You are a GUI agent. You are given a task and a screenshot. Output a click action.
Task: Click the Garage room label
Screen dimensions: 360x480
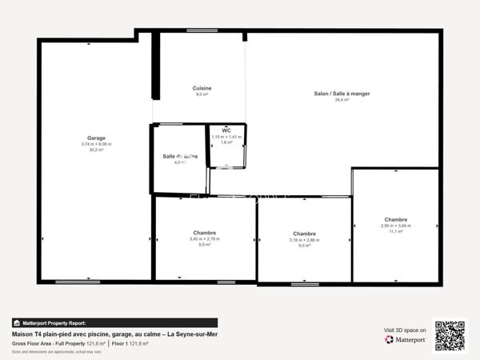point(96,138)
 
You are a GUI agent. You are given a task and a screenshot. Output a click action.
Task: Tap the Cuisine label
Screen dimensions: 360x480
point(202,88)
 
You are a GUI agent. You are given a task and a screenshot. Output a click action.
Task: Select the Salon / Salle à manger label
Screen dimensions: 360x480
point(342,94)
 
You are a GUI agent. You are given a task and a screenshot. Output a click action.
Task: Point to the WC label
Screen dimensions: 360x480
point(226,130)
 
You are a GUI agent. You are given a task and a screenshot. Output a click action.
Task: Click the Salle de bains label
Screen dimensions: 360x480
point(180,156)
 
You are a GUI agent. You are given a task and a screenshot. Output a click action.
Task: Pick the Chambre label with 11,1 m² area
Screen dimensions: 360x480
point(395,219)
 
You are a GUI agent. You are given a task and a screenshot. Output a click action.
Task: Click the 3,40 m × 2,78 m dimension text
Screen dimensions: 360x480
point(204,238)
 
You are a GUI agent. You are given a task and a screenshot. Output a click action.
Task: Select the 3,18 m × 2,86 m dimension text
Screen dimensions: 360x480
point(304,239)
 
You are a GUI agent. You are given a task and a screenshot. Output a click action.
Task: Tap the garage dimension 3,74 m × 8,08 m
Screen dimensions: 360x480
point(96,144)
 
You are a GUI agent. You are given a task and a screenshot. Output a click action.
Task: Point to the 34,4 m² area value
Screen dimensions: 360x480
point(342,100)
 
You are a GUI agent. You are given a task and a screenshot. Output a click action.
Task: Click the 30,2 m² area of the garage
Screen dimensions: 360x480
point(96,150)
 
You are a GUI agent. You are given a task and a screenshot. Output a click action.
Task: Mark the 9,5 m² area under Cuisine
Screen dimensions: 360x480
point(202,94)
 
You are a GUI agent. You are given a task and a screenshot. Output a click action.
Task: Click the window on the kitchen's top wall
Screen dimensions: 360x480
point(202,30)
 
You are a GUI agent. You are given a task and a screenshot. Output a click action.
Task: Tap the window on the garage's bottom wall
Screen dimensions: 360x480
point(78,281)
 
